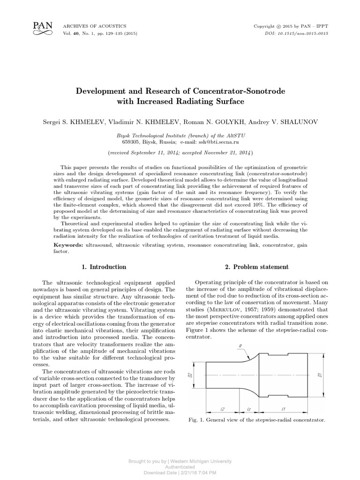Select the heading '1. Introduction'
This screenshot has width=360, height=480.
point(104,267)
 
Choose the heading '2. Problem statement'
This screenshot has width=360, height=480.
point(256,267)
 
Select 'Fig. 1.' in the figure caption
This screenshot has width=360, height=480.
point(195,420)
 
